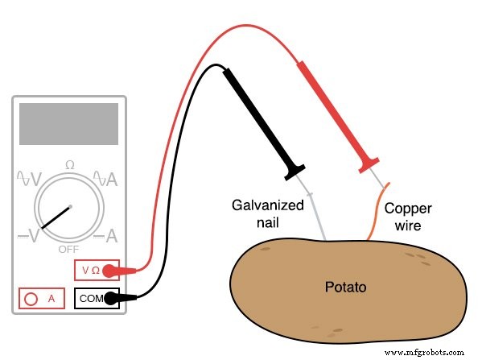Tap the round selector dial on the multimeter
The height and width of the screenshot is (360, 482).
coord(69,207)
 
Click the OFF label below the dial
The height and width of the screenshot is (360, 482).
coord(68,249)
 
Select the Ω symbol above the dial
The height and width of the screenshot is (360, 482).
coord(69,164)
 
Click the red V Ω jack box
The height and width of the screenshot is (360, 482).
coord(97,270)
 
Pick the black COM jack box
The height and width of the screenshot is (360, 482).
coord(97,298)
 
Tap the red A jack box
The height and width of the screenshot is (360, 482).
coord(42,298)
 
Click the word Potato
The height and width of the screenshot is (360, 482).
coord(347,287)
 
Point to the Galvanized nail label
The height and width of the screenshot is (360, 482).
coord(267,213)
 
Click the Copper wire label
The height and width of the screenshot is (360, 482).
coord(402,216)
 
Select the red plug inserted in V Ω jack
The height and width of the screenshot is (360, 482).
coord(136,270)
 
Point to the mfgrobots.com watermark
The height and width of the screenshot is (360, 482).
coord(426,352)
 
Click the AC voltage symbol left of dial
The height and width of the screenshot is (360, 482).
coord(27,180)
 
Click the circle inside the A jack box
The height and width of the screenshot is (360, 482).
coord(32,298)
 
